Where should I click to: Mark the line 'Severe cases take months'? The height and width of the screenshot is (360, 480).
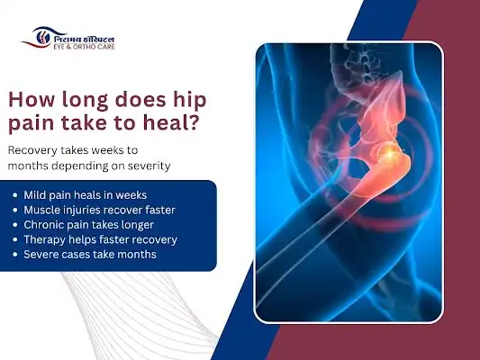click(x=84, y=255)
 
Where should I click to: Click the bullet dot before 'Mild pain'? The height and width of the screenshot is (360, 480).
click(x=16, y=195)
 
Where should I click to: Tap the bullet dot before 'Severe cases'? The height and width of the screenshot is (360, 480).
click(x=16, y=255)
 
